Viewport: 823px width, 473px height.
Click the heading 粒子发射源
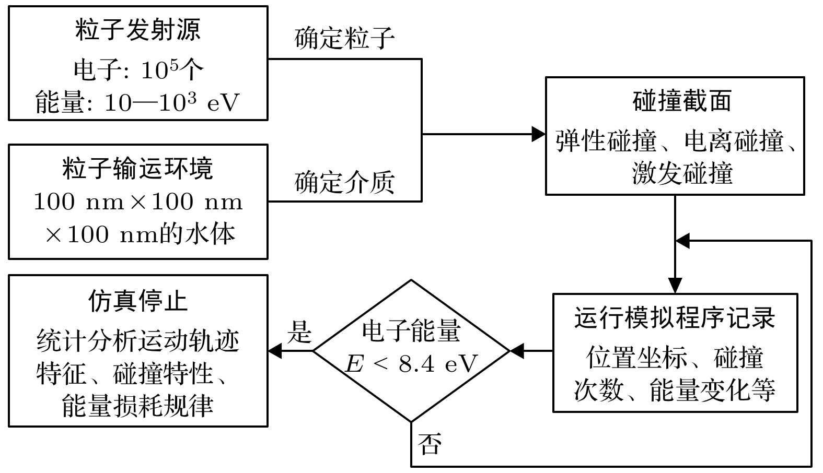138,30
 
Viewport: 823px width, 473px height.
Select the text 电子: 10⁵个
138,69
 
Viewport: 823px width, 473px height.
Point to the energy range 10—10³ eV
171,102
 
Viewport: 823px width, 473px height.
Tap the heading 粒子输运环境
138,169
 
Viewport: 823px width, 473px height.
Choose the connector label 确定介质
345,183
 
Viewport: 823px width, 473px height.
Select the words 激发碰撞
682,173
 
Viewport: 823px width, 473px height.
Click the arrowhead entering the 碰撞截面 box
539,134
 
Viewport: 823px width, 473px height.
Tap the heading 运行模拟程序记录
675,318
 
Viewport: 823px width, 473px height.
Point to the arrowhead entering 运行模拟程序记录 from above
675,286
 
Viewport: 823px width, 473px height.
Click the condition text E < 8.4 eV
411,364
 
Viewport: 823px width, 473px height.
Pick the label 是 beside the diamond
299,332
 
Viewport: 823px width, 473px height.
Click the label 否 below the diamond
430,444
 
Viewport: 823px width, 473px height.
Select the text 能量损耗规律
138,406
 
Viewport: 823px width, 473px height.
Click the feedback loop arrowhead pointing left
683,241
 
